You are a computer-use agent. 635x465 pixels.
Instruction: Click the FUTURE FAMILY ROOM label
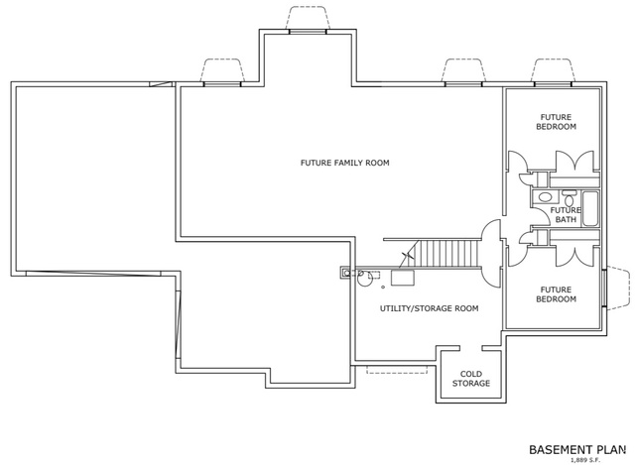pos(344,163)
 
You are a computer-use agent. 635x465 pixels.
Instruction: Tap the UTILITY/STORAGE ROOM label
pos(429,308)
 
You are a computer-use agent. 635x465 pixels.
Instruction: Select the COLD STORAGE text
pos(471,379)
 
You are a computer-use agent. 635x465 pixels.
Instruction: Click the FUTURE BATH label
pos(566,215)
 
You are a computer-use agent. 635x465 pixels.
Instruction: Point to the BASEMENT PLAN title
pos(577,449)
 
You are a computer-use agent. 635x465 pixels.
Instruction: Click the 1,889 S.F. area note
pos(585,460)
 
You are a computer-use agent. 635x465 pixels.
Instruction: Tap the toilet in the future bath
pos(570,198)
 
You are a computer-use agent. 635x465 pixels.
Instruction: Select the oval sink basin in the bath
pos(545,197)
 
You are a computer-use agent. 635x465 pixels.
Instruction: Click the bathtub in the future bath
pos(590,209)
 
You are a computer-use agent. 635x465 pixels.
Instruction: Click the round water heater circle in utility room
pos(364,279)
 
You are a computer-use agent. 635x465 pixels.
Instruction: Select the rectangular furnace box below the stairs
pos(403,278)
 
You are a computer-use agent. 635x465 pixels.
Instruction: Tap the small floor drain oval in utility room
pos(383,288)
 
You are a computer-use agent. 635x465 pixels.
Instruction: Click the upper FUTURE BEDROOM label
pos(556,122)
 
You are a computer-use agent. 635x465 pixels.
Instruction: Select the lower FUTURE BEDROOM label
pos(556,294)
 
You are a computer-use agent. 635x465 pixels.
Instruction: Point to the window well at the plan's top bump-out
pos(308,18)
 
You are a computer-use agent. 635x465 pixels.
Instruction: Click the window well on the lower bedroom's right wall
pos(617,289)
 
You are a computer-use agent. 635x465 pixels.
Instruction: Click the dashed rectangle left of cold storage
pos(397,370)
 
